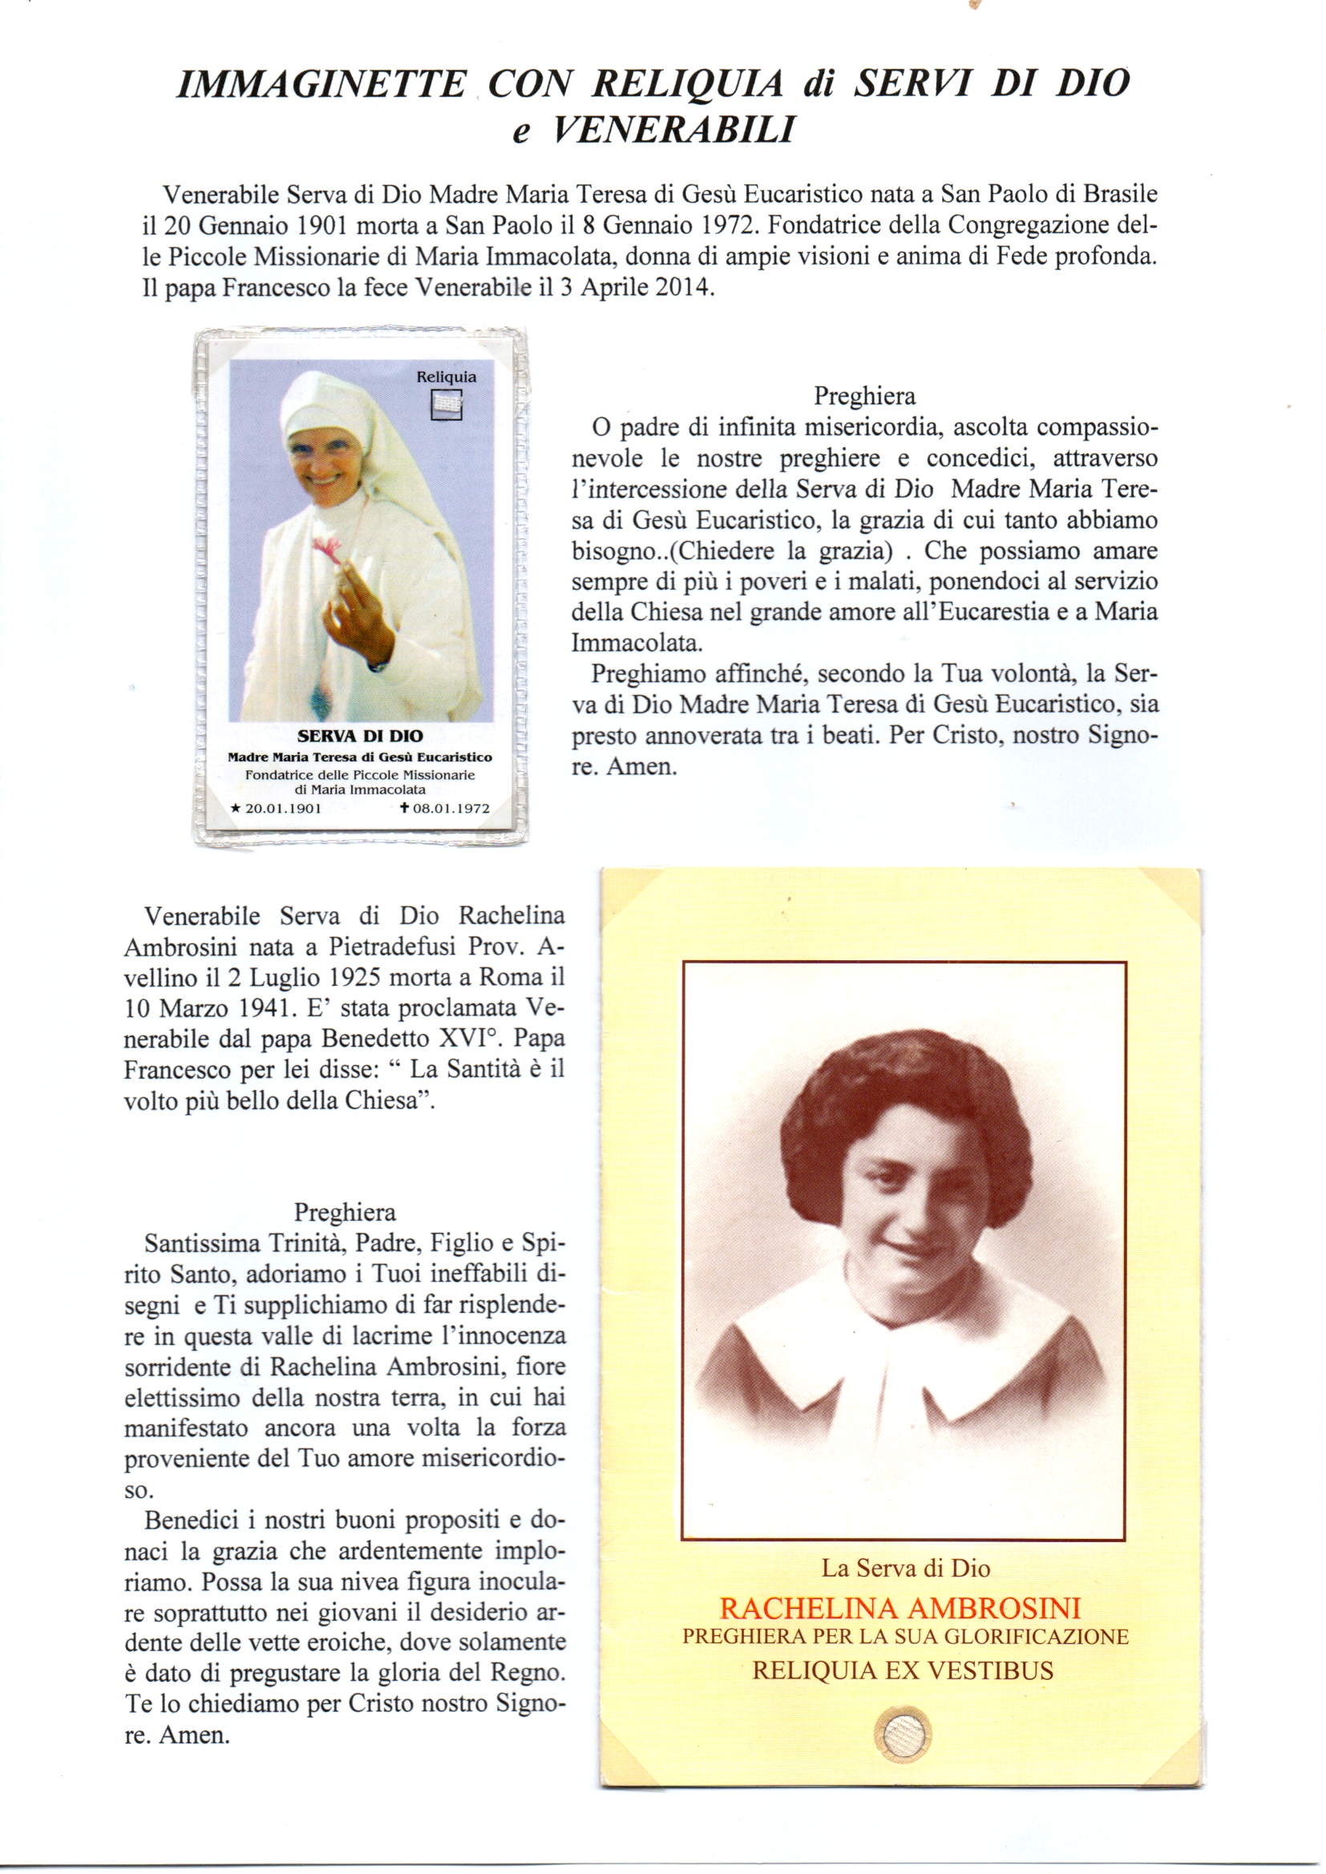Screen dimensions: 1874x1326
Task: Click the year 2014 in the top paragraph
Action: [x=683, y=288]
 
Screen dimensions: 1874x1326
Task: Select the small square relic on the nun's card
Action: [x=446, y=405]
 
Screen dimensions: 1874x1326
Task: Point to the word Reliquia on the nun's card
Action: [x=446, y=377]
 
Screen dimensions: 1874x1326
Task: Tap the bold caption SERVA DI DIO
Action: [x=360, y=736]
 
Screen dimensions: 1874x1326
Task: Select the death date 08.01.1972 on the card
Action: [x=451, y=809]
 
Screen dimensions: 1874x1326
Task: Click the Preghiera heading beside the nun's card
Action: [x=864, y=397]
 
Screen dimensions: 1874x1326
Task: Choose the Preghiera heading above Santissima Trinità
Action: [x=345, y=1213]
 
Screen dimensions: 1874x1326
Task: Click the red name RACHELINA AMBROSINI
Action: [x=899, y=1609]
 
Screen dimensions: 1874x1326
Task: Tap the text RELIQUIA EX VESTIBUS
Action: [x=902, y=1670]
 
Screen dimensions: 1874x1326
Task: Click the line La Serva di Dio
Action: [x=905, y=1569]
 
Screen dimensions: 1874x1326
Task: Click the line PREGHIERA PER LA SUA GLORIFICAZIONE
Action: [x=905, y=1638]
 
